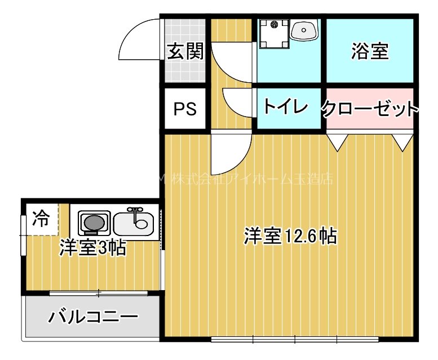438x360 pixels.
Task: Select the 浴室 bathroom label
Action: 370,51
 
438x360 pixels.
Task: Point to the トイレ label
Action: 285,106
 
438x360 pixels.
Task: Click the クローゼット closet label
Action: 370,108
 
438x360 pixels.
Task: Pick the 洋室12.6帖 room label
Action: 290,235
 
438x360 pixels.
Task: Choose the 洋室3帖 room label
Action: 93,248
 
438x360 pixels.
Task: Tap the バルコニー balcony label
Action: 93,317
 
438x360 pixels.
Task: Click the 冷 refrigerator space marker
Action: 41,217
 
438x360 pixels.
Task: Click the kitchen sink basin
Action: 134,225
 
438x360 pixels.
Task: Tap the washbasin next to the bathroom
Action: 304,30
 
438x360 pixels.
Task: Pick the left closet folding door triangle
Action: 337,142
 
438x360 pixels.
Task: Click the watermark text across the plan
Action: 248,179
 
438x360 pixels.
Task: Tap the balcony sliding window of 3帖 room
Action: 99,293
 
